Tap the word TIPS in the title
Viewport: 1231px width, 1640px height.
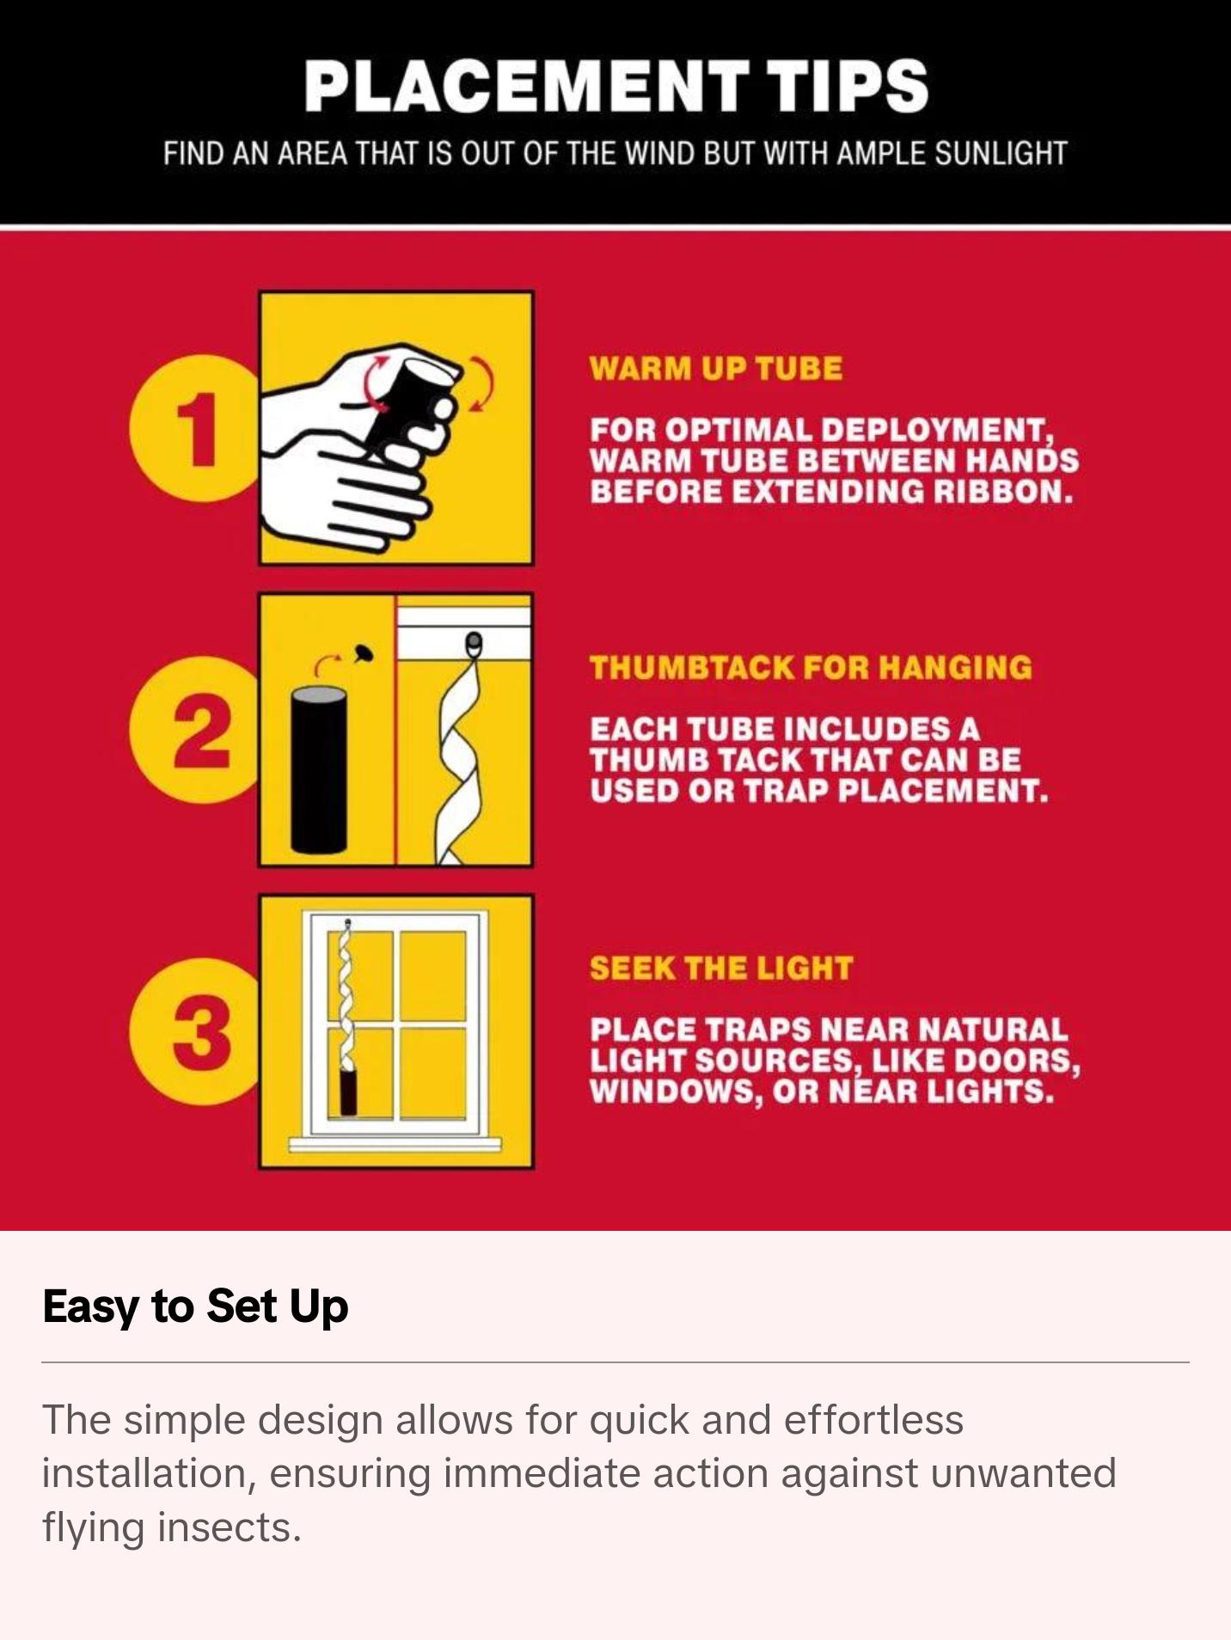pyautogui.click(x=848, y=86)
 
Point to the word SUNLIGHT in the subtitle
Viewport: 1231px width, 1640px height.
pyautogui.click(x=1001, y=153)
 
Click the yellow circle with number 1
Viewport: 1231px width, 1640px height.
pyautogui.click(x=196, y=428)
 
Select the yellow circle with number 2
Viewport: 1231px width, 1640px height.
pyautogui.click(x=196, y=730)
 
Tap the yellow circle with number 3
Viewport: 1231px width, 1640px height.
pyautogui.click(x=196, y=1031)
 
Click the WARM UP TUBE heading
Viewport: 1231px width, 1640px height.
pyautogui.click(x=716, y=369)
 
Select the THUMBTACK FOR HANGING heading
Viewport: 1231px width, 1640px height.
pyautogui.click(x=811, y=668)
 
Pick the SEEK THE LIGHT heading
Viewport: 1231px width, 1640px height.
pyautogui.click(x=721, y=968)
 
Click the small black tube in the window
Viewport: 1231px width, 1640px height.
pyautogui.click(x=347, y=1092)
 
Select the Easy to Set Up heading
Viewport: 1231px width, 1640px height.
pyautogui.click(x=195, y=1306)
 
